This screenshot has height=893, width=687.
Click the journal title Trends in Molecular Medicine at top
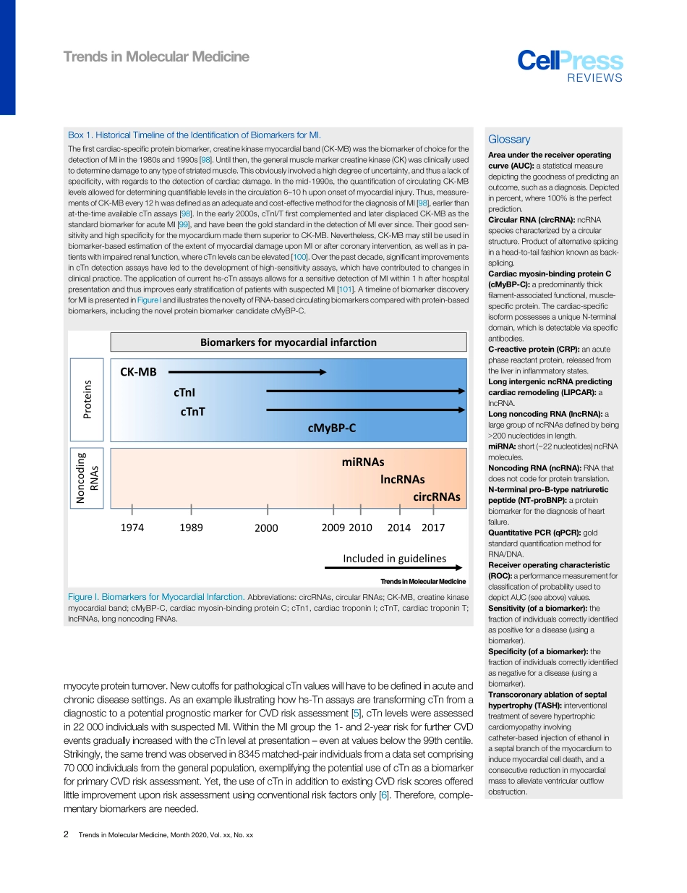click(156, 57)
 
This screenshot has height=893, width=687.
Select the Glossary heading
click(509, 140)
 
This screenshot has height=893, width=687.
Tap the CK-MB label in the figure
click(138, 372)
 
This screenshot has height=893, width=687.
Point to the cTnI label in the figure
click(184, 392)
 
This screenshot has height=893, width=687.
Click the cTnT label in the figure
click(192, 411)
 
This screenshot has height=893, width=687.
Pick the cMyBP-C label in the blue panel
click(332, 428)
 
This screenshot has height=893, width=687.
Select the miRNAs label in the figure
click(362, 462)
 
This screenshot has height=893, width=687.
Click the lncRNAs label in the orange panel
click(402, 479)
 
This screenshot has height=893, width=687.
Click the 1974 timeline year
click(132, 528)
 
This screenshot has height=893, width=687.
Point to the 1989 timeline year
click(191, 528)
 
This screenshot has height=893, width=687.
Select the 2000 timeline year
click(266, 528)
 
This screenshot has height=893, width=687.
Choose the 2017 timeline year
click(433, 528)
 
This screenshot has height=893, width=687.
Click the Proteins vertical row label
click(87, 399)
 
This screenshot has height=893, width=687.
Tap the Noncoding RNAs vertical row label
click(87, 478)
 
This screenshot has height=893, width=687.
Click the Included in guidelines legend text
click(394, 558)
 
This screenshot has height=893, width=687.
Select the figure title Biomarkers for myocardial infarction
click(288, 342)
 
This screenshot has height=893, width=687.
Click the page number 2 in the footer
click(66, 835)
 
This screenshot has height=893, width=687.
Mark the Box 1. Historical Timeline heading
click(194, 135)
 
